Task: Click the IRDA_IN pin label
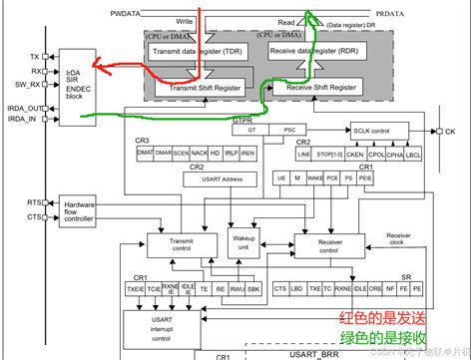pos(20,120)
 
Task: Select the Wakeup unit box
pos(243,242)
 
